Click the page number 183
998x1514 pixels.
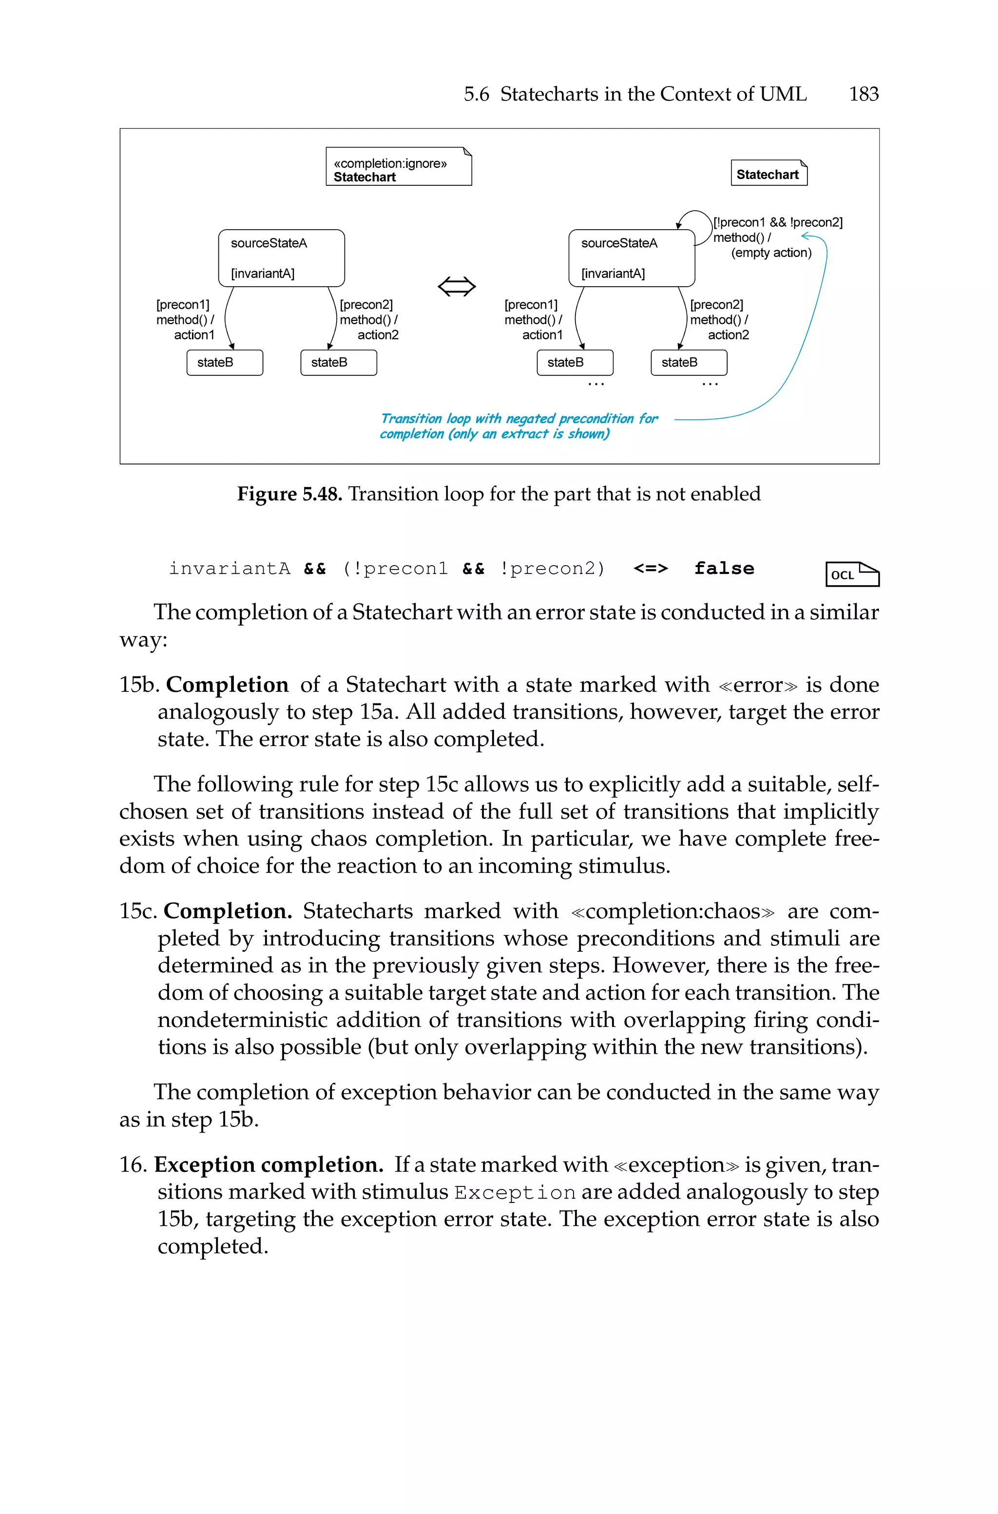[863, 94]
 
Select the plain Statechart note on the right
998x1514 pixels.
[768, 174]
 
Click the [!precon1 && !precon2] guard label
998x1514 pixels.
[777, 222]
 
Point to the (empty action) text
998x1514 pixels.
[771, 253]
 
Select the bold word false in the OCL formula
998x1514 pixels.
[724, 568]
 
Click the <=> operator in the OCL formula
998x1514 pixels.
[651, 568]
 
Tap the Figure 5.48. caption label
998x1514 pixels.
[289, 494]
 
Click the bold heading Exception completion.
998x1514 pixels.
[268, 1164]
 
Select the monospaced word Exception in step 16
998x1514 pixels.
[514, 1193]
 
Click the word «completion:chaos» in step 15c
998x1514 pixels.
[673, 911]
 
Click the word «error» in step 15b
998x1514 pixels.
[757, 685]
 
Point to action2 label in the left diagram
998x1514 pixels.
[378, 335]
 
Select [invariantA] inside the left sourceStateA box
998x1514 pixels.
[262, 273]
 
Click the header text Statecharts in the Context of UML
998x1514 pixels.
[653, 94]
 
